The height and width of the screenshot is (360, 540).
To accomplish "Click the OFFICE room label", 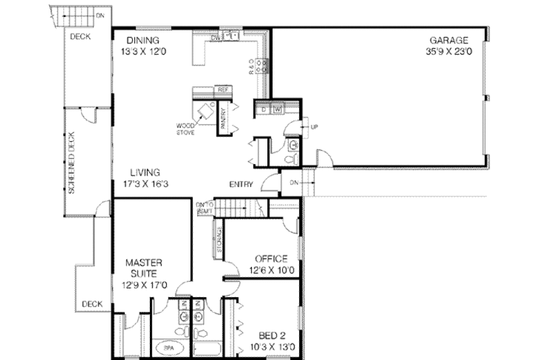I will point(271,259).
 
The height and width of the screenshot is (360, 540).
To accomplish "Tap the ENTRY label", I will point(241,184).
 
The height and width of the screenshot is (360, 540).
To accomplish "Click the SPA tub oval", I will point(169,349).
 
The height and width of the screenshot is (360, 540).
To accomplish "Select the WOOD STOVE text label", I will point(186,129).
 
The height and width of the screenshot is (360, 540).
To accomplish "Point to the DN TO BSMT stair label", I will point(205,207).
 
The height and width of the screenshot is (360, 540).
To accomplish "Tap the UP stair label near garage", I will point(315,126).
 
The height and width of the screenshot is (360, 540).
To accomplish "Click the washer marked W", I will point(277,109).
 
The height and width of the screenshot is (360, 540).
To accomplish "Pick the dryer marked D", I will point(264,109).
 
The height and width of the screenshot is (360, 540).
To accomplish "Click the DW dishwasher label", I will point(215,38).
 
